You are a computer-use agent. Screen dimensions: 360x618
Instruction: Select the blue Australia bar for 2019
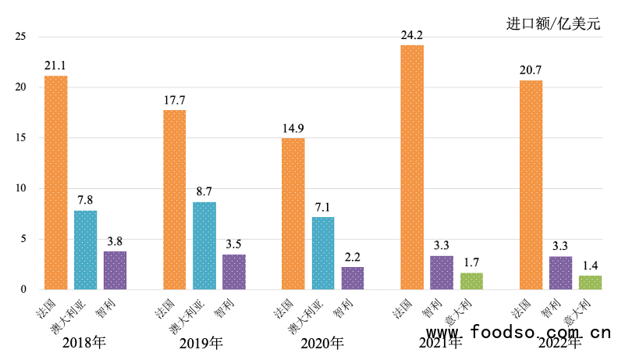click(x=204, y=245)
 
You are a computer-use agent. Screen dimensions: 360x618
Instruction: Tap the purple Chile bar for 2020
click(x=353, y=278)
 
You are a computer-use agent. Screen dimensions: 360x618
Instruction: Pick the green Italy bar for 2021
click(x=471, y=281)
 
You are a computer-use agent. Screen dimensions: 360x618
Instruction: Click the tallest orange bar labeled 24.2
click(x=412, y=167)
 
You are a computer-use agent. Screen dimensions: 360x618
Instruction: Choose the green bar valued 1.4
click(x=590, y=282)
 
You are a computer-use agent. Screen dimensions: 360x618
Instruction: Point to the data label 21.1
click(x=55, y=66)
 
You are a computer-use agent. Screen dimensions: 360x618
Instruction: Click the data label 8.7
click(x=204, y=191)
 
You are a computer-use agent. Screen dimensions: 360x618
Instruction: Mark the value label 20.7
click(x=531, y=70)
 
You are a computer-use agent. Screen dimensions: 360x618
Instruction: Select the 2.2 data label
click(x=353, y=257)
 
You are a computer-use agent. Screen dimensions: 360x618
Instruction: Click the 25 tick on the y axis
click(x=21, y=37)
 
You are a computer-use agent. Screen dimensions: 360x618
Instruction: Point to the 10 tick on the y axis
click(x=21, y=188)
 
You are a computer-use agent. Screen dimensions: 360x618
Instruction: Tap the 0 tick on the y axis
click(x=24, y=290)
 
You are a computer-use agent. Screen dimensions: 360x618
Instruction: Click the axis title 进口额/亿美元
click(x=553, y=23)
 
